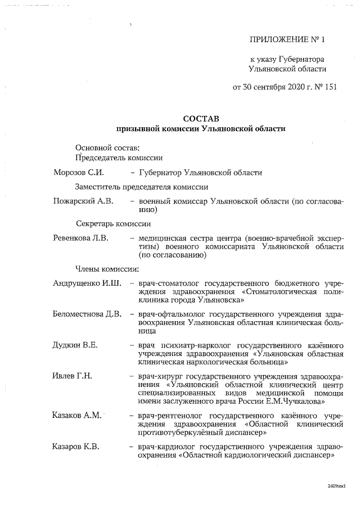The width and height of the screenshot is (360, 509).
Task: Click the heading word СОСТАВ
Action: [201, 119]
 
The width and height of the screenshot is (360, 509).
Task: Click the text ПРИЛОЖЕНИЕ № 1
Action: [287, 40]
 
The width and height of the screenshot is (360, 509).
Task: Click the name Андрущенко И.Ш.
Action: [87, 281]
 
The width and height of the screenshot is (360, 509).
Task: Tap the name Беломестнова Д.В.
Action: [87, 313]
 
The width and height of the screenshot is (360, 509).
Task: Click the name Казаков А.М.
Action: [76, 415]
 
